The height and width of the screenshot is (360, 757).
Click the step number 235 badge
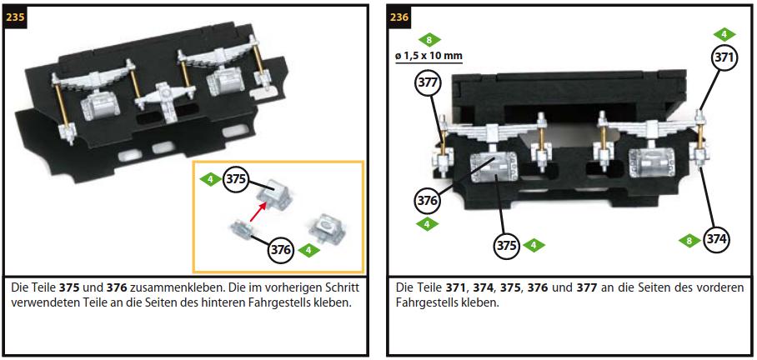[15, 17]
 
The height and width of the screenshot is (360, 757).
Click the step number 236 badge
[399, 17]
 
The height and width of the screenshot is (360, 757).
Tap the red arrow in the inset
[258, 212]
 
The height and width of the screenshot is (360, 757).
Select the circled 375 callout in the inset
[236, 180]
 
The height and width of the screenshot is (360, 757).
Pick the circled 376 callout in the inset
[280, 250]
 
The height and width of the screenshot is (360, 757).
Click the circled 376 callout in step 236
[428, 200]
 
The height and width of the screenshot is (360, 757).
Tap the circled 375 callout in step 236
[506, 246]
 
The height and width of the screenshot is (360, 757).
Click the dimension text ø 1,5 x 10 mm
[429, 56]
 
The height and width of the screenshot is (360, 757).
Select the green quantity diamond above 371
[724, 34]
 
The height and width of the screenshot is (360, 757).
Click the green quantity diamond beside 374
[689, 240]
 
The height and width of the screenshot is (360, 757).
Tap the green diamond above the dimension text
[429, 39]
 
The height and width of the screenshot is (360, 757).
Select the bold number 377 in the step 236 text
[587, 287]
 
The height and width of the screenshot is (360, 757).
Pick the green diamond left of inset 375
[210, 180]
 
